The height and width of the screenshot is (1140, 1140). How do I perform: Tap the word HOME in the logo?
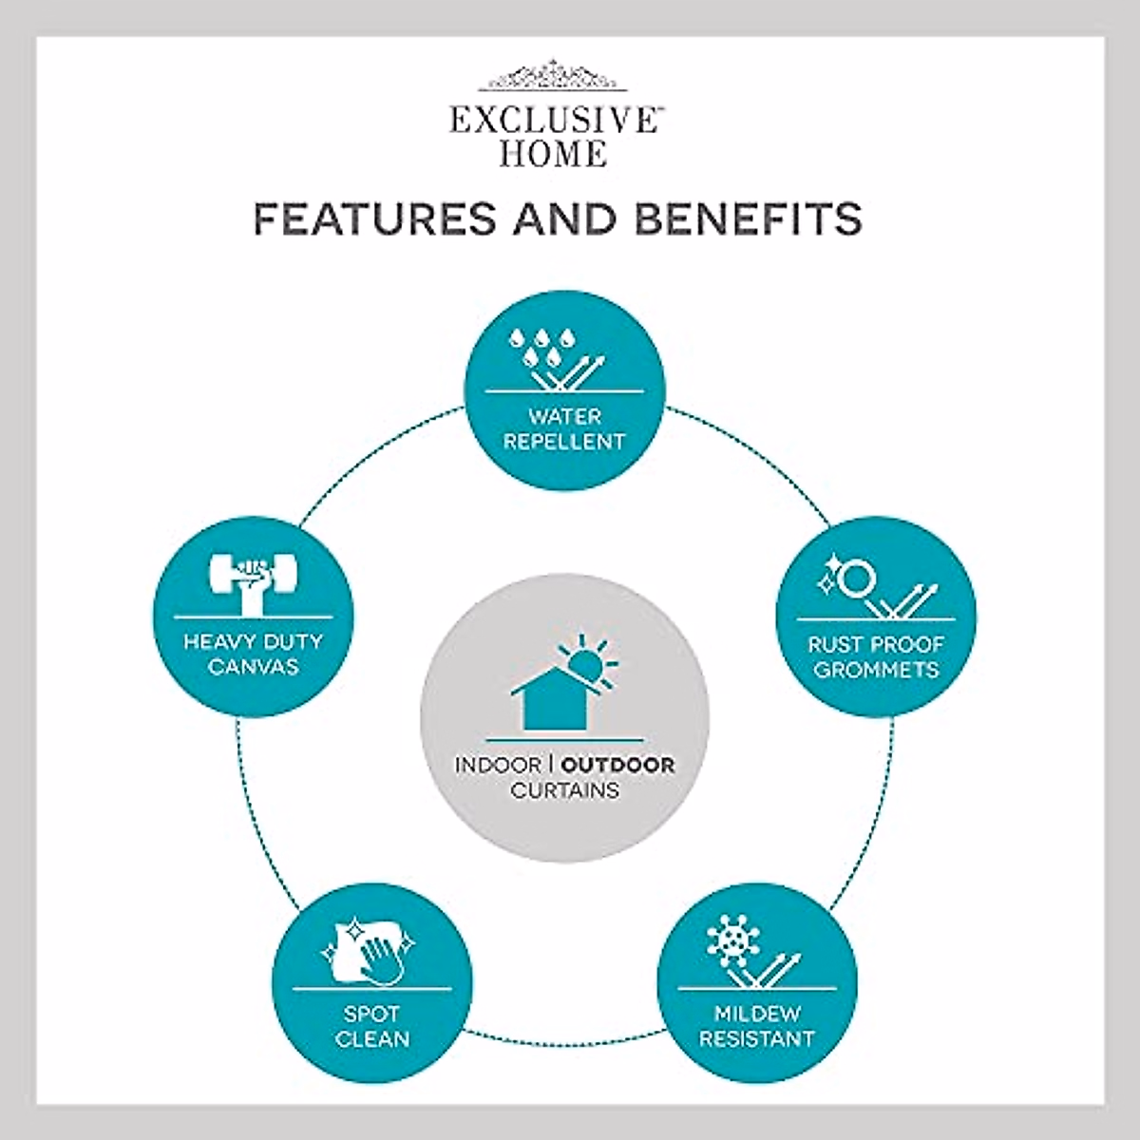pos(552,153)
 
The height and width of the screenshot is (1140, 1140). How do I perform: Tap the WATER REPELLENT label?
pos(564,428)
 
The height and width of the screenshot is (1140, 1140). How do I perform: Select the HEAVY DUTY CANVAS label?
pos(253,654)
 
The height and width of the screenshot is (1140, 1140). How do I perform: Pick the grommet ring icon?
pos(853,577)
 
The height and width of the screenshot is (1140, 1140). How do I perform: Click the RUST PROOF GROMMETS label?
pos(876,656)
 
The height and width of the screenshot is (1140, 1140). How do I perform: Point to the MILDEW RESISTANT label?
pos(757,1026)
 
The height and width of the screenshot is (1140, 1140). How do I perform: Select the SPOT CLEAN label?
pos(372,1026)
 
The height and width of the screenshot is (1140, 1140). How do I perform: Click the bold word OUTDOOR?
pos(618,765)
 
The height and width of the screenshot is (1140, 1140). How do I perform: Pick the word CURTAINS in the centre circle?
pos(564,789)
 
